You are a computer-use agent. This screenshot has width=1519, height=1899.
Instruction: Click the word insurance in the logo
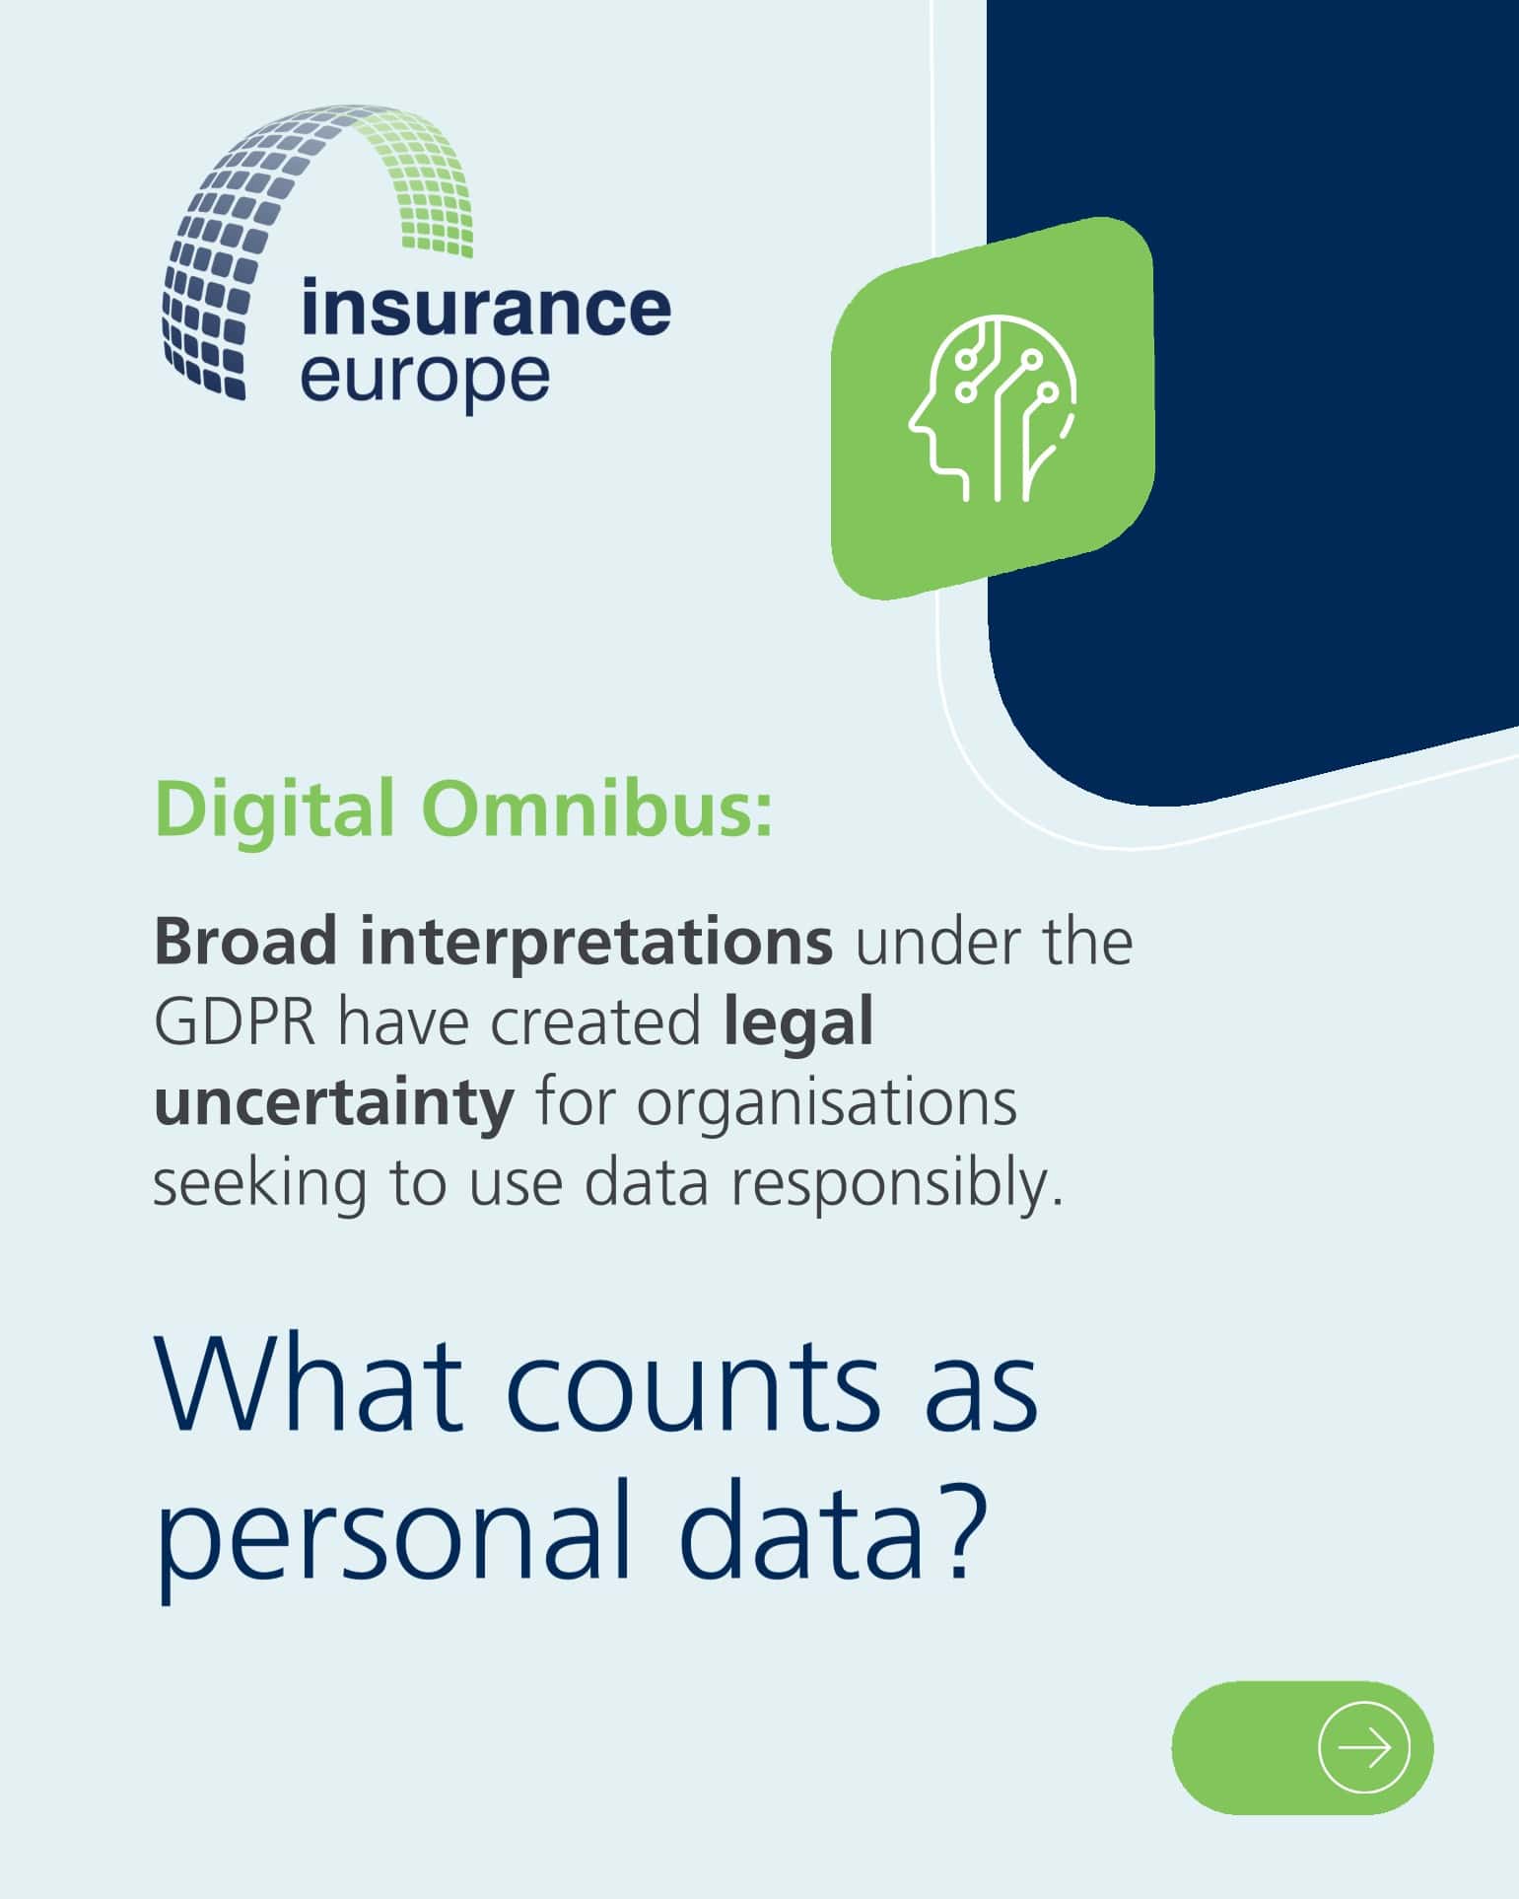(x=486, y=308)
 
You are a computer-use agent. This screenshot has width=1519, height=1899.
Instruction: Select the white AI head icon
(x=993, y=407)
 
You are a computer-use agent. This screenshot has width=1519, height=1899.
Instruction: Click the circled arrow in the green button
(x=1363, y=1747)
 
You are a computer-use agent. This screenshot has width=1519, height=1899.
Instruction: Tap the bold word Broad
(x=245, y=942)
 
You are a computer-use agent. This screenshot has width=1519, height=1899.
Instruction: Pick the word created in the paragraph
(x=595, y=1023)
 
